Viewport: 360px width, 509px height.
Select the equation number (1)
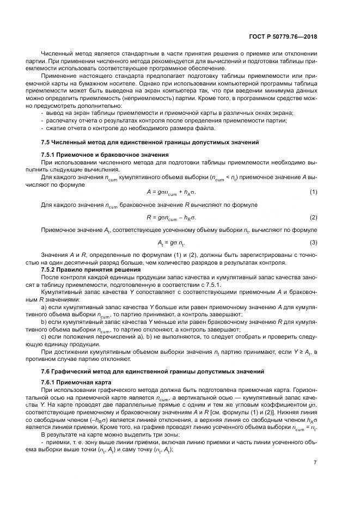pyautogui.click(x=313, y=193)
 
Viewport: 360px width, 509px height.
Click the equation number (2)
pyautogui.click(x=313, y=217)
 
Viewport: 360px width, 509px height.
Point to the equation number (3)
pyautogui.click(x=313, y=242)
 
